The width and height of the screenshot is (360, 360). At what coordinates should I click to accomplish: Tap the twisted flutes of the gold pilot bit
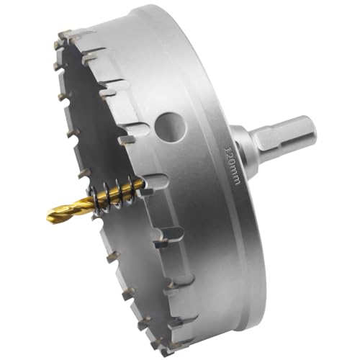[x=72, y=206]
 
